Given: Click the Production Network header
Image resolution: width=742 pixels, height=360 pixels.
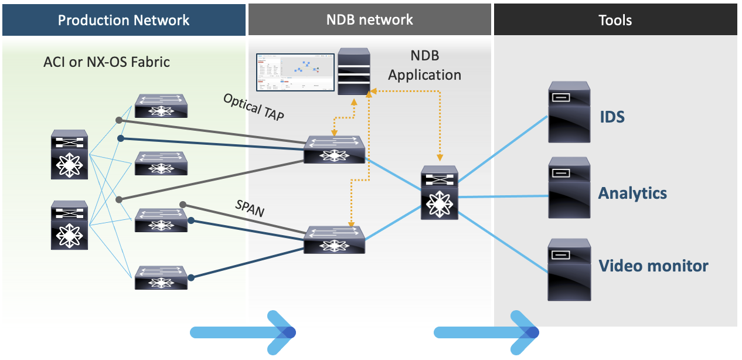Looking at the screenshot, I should click(x=123, y=20).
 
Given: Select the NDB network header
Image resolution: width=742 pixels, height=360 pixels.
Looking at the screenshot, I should click(x=369, y=20).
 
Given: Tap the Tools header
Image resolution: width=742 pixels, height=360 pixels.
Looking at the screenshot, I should click(x=615, y=20).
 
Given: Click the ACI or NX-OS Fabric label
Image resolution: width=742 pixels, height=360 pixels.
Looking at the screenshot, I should click(x=107, y=62).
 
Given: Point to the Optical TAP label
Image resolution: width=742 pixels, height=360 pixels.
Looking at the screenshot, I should click(x=254, y=107).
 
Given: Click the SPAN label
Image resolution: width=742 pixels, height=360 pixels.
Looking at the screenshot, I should click(x=250, y=207).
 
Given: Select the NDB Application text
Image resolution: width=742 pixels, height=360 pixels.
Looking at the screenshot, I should click(x=424, y=66).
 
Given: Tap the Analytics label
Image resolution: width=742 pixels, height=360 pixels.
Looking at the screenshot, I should click(x=632, y=193).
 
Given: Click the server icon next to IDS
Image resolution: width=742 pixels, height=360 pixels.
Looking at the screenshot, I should click(x=569, y=112).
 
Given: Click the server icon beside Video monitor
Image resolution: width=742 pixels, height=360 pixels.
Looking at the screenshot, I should click(x=569, y=269).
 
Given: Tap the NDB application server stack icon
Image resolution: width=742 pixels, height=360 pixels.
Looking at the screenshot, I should click(x=354, y=72).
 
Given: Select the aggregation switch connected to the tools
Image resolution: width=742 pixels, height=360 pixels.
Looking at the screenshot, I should click(x=438, y=193).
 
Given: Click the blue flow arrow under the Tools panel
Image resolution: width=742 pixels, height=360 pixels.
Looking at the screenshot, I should click(x=486, y=332).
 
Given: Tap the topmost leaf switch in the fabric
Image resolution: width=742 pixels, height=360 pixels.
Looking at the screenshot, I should click(x=161, y=106).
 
